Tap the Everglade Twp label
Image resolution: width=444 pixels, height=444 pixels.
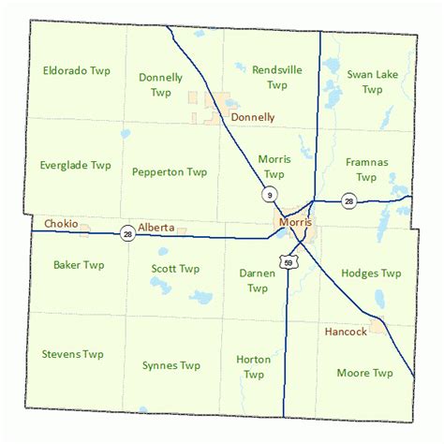click(x=75, y=165)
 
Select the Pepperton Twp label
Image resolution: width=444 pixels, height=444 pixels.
click(x=170, y=171)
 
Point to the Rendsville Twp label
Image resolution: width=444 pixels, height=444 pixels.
click(x=276, y=76)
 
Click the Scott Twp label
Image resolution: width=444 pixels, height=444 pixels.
click(x=175, y=269)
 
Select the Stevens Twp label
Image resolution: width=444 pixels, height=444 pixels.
click(x=72, y=354)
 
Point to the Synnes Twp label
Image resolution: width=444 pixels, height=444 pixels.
click(x=171, y=365)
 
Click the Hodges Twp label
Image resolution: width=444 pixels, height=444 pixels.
click(x=372, y=274)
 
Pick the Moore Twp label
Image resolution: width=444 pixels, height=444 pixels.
click(x=364, y=373)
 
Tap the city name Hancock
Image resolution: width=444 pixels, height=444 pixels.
click(x=346, y=332)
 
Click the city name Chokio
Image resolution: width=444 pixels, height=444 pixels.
click(x=62, y=224)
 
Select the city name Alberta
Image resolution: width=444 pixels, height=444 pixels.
click(x=155, y=227)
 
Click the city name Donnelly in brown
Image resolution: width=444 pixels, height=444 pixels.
click(x=253, y=117)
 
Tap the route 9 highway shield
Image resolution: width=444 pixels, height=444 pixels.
click(x=269, y=194)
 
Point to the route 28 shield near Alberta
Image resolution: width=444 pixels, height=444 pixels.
click(x=128, y=233)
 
